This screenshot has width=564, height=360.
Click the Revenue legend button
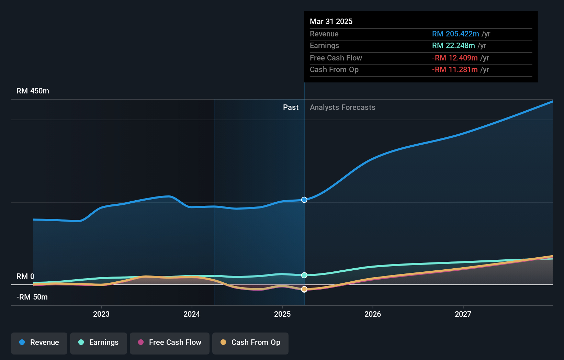[x=39, y=342]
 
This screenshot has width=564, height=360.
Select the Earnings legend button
[x=99, y=342]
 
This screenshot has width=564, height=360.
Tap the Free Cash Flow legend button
[x=170, y=342]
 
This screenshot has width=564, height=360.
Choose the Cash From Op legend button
[x=250, y=342]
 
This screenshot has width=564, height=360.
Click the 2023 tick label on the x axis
[x=101, y=314]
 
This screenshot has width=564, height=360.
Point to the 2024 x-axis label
[x=192, y=314]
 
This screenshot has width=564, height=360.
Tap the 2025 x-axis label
[x=282, y=314]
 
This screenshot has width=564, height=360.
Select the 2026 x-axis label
[x=373, y=314]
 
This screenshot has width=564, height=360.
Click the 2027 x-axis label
[x=463, y=314]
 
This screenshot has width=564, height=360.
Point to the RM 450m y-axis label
[x=33, y=91]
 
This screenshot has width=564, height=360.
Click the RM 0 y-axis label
[x=25, y=277]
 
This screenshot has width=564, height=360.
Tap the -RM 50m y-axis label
[x=32, y=297]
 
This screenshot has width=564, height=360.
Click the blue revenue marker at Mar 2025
[x=304, y=200]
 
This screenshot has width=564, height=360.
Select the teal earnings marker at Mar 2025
[x=304, y=275]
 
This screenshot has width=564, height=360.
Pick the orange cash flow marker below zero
[x=304, y=289]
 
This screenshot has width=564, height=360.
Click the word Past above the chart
[x=291, y=108]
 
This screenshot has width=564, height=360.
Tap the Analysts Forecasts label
[x=342, y=108]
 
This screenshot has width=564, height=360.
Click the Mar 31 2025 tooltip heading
[x=331, y=21]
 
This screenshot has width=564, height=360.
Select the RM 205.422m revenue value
[x=455, y=34]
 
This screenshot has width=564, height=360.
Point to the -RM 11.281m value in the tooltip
[x=455, y=70]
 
